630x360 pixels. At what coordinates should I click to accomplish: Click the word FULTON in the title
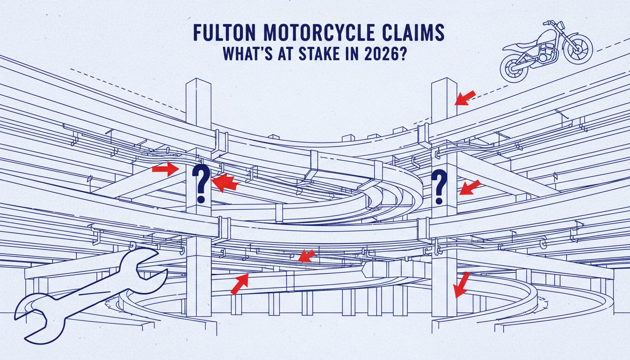click(x=225, y=33)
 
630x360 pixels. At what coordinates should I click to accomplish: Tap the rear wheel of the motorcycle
click(x=514, y=68)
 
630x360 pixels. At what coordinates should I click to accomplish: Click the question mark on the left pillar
click(x=201, y=183)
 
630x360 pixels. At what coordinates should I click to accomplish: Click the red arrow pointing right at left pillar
click(x=165, y=169)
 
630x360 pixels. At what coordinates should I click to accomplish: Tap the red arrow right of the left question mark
click(x=225, y=182)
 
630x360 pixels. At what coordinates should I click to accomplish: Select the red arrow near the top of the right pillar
click(x=465, y=98)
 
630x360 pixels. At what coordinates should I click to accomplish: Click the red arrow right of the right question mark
click(x=470, y=187)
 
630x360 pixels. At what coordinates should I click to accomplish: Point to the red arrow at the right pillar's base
click(x=461, y=285)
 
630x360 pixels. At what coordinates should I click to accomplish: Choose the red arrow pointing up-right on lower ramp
click(x=240, y=284)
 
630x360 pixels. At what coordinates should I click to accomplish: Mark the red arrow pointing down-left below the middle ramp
click(x=306, y=255)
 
